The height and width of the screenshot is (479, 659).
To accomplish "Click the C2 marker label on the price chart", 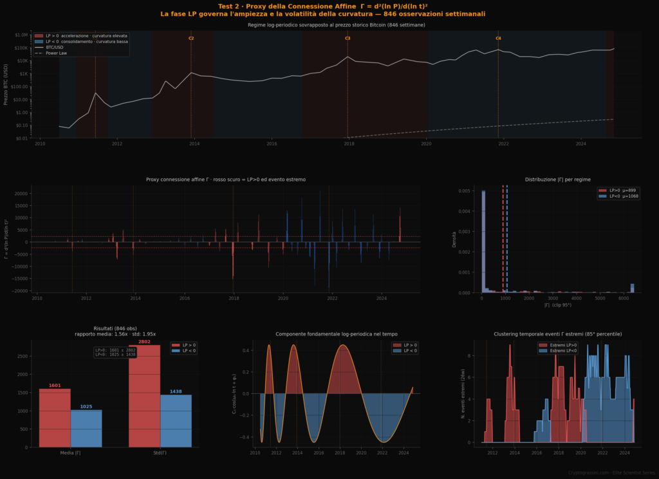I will pyautogui.click(x=191, y=39).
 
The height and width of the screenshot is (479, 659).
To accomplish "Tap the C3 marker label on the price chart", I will pyautogui.click(x=348, y=39).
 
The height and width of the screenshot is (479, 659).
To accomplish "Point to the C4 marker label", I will pyautogui.click(x=498, y=39).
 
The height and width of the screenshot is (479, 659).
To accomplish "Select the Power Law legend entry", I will pyautogui.click(x=56, y=53).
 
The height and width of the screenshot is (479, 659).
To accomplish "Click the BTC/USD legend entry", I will pyautogui.click(x=55, y=48).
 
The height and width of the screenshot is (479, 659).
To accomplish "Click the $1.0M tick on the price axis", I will pyautogui.click(x=21, y=35).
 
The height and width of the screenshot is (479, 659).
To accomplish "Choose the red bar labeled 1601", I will pyautogui.click(x=55, y=418).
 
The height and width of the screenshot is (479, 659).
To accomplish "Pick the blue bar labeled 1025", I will pyautogui.click(x=86, y=428).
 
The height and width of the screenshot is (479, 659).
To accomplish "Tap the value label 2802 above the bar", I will pyautogui.click(x=144, y=342).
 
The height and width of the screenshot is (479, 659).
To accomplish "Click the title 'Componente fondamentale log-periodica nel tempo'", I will pyautogui.click(x=337, y=334).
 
